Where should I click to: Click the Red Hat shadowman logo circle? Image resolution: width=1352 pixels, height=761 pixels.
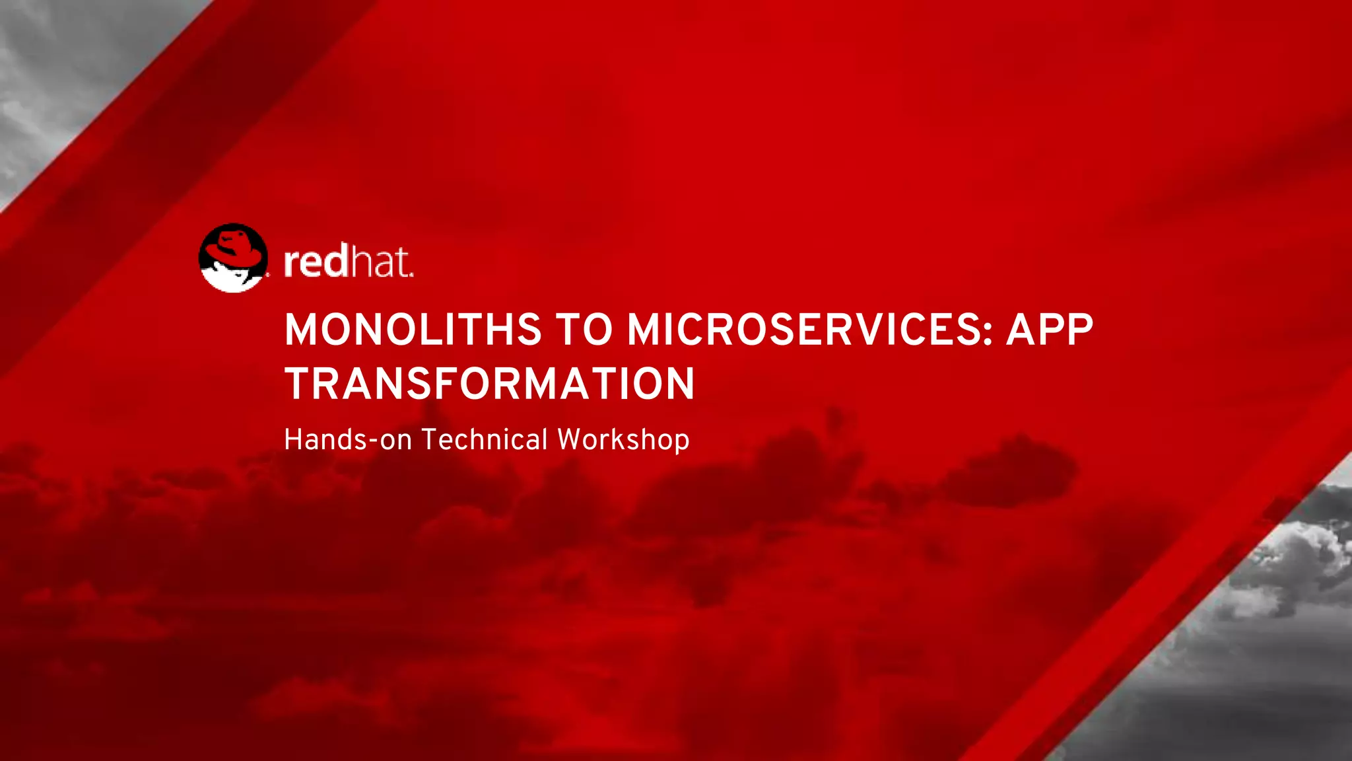pyautogui.click(x=233, y=258)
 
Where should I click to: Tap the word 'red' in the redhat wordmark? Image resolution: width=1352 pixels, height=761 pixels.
pyautogui.click(x=315, y=262)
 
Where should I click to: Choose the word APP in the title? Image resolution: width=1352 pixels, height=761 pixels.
pyautogui.click(x=1050, y=330)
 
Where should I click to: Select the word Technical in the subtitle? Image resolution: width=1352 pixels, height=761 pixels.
pyautogui.click(x=485, y=440)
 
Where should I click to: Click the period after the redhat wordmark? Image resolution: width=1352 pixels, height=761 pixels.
pyautogui.click(x=411, y=274)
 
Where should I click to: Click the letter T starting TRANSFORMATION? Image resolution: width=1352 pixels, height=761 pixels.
pyautogui.click(x=298, y=384)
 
